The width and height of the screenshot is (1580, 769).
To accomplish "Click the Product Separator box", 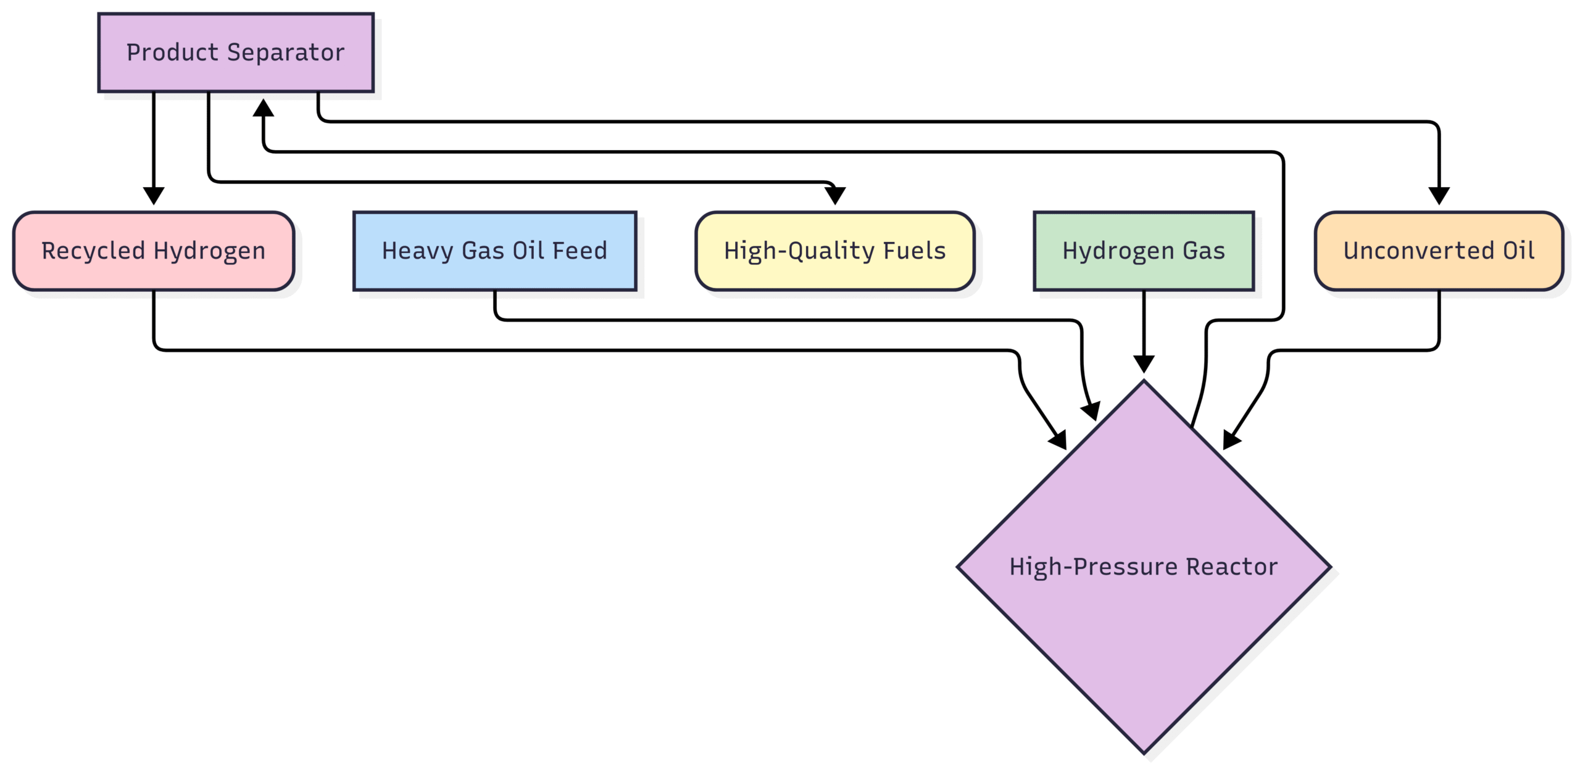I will click(x=236, y=53).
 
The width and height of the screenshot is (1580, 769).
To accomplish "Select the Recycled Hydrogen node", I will click(x=154, y=251).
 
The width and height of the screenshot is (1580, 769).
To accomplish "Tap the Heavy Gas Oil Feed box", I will click(x=494, y=251).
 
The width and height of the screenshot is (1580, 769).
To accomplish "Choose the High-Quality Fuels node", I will click(x=834, y=251).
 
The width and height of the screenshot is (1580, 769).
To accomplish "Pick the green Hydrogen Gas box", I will click(x=1144, y=251).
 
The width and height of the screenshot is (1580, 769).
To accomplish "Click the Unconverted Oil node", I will click(x=1439, y=251).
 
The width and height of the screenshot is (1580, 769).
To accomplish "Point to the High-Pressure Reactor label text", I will click(x=1143, y=567).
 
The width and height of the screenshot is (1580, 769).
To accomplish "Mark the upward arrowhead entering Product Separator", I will click(x=264, y=107).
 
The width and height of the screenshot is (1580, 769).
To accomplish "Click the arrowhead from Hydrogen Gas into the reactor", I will click(x=1144, y=364).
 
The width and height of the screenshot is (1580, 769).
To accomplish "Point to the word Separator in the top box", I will click(x=286, y=53).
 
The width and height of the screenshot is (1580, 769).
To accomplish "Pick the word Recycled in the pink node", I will click(x=93, y=251).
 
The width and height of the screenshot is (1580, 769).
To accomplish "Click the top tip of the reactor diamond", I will click(x=1144, y=383).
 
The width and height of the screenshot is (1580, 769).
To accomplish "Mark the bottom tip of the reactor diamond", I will click(x=1144, y=752).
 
